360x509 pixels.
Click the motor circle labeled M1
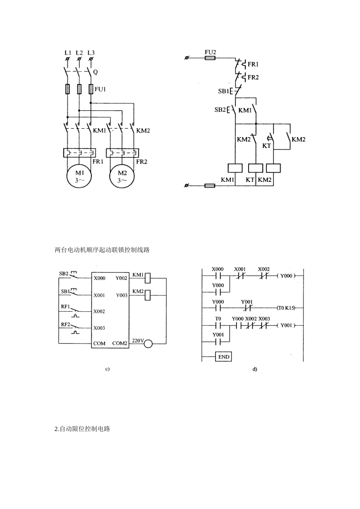pos(79,176)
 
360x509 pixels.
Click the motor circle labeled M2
pos(122,176)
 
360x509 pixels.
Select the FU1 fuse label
pos(100,89)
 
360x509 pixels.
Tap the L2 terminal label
pos(79,53)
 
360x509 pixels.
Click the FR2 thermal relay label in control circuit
pos(253,77)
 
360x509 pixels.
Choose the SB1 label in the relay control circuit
pos(223,91)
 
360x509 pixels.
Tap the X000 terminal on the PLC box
pos(99,278)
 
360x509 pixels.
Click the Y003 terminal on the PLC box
pos(122,295)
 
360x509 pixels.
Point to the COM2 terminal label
pos(120,343)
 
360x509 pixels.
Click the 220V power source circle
pos(148,344)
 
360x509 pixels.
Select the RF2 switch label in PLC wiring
pos(66,325)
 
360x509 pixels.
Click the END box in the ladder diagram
pos(224,357)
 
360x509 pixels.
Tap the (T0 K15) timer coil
pos(286,308)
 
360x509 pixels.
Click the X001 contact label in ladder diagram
pos(240,269)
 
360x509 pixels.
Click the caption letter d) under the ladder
pos(255,369)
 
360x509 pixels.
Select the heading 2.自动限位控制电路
pos(82,429)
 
